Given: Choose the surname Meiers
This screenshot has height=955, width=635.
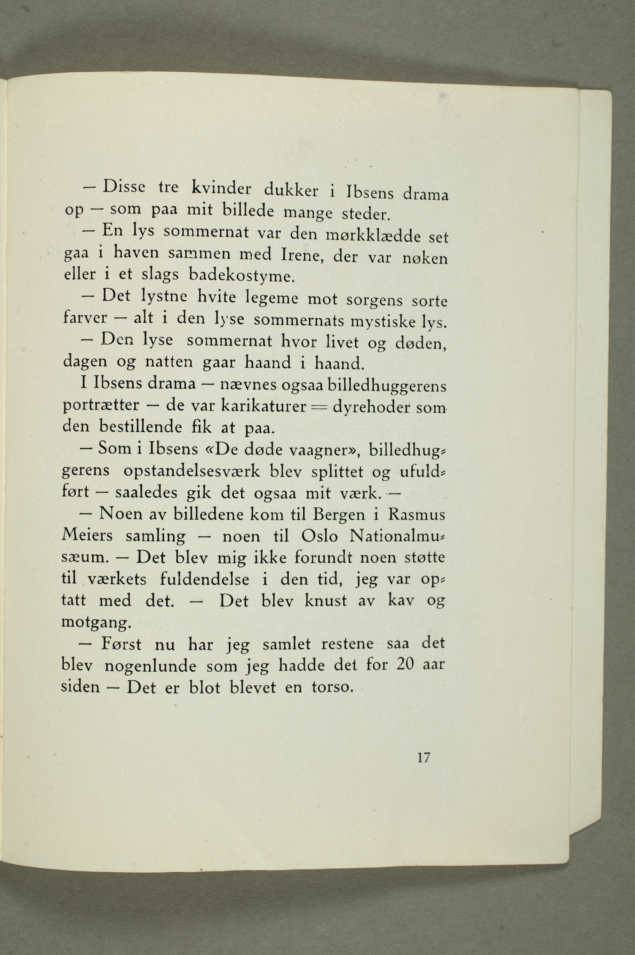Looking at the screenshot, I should (x=87, y=536).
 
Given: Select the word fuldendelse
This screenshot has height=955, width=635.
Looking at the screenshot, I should (x=205, y=579).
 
